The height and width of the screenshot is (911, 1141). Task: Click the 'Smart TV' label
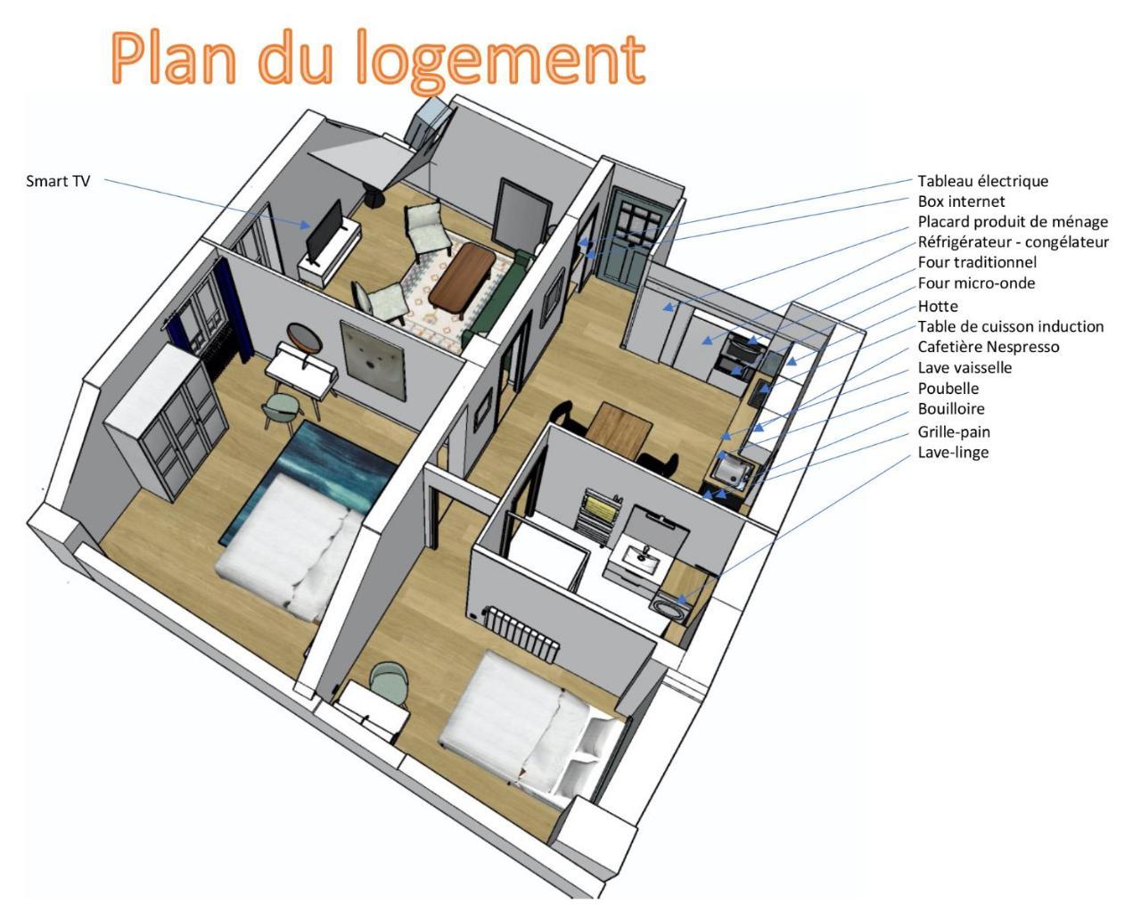tap(58, 182)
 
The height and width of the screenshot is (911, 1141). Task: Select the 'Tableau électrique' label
tap(983, 181)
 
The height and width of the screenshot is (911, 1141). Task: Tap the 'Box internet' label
tap(961, 201)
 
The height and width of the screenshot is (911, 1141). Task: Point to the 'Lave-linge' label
tap(953, 452)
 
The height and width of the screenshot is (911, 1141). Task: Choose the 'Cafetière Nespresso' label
tap(989, 347)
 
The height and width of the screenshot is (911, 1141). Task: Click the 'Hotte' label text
tap(938, 306)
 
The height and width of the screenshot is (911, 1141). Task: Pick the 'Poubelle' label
tap(948, 389)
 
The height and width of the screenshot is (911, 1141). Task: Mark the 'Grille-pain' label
tap(954, 431)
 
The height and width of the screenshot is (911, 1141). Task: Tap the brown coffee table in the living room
tap(463, 277)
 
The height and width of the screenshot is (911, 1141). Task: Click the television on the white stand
tap(324, 229)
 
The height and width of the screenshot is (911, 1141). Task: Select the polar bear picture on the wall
tap(373, 359)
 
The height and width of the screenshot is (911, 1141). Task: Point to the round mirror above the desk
tap(304, 338)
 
